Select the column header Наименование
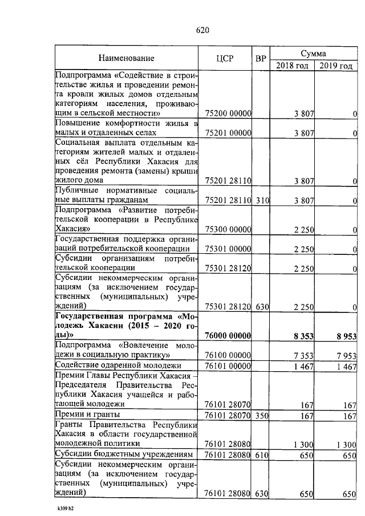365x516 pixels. [126, 58]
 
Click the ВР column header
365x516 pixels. [261, 58]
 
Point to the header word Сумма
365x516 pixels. [313, 52]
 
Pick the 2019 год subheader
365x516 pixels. [336, 65]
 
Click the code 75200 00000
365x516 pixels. [228, 114]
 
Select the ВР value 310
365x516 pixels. [261, 200]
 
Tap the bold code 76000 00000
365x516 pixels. [228, 336]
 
